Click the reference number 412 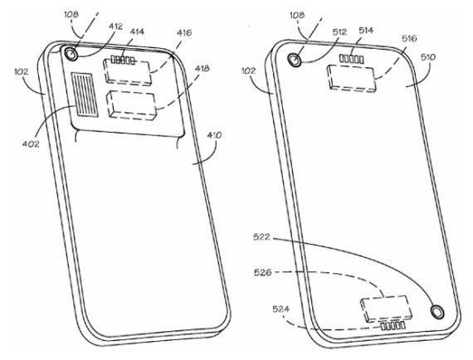point(116,27)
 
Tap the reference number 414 point(137,32)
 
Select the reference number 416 point(184,32)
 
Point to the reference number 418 point(202,69)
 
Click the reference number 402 point(31,144)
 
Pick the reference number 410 point(214,135)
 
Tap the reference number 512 point(339,32)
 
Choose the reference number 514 point(366,31)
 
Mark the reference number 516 point(409,38)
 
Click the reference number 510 point(428,57)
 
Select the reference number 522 point(261,237)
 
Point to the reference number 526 point(263,273)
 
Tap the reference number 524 point(280,309)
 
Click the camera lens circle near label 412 point(71,55)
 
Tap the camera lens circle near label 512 point(295,60)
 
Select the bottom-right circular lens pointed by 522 point(436,311)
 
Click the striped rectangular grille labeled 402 point(85,95)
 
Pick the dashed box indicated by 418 point(131,105)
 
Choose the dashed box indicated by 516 point(352,78)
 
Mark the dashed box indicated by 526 point(386,308)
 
